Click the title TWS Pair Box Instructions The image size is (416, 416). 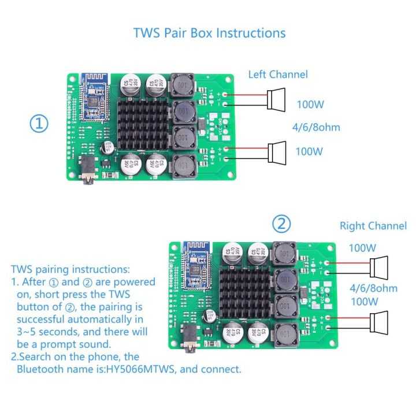[x=209, y=32]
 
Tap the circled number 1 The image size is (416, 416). [x=39, y=124]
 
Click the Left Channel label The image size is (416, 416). [x=278, y=75]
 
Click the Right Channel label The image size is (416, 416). [x=373, y=226]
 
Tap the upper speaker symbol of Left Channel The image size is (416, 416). [x=276, y=99]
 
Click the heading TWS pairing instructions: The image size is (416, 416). [x=70, y=269]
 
